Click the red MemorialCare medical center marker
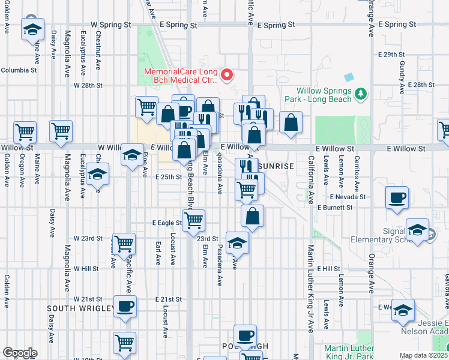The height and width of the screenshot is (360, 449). coord(227,75)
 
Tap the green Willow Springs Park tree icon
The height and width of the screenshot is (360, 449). coord(360,94)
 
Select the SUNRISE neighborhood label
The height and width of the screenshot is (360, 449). coord(277,166)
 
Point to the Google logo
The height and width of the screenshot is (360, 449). coord(19,353)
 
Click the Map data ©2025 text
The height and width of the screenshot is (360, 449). coord(424,355)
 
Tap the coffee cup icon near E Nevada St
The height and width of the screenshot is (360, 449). coord(397,198)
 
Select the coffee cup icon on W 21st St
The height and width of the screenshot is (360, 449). coord(125,307)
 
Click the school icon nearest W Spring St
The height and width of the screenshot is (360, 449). coord(33,29)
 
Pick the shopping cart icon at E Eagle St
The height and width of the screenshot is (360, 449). coord(193,221)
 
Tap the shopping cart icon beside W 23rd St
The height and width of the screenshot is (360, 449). coord(124,244)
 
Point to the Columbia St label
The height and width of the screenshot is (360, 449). coord(19,70)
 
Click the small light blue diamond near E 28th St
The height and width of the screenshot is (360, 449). coord(349,77)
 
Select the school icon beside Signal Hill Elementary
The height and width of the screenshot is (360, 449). coord(417,230)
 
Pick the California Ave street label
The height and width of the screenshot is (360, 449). coord(311,180)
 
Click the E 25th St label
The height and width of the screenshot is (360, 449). coord(168,177)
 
